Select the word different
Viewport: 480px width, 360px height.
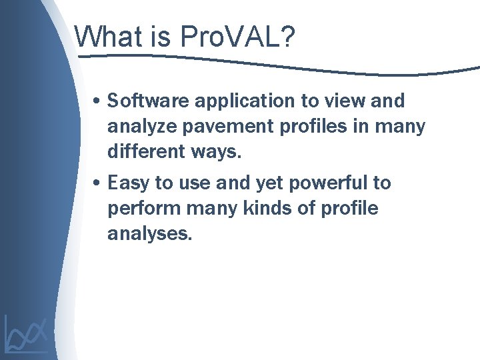(x=145, y=151)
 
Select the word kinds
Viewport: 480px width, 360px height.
(x=257, y=208)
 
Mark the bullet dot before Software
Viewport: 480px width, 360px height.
(x=97, y=102)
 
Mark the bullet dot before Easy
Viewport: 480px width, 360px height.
(x=97, y=183)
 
